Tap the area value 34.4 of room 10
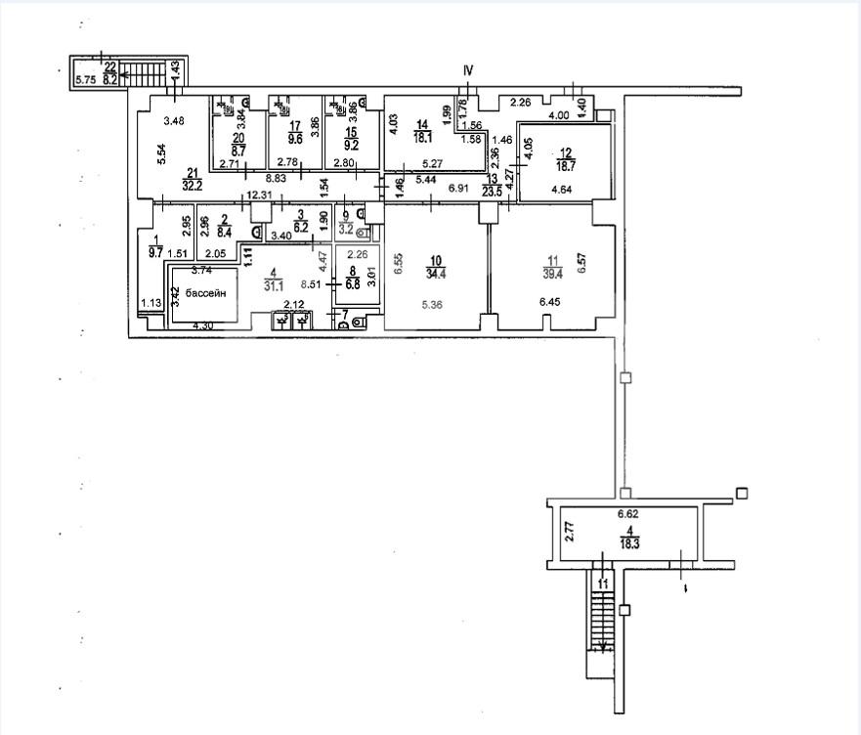click(436, 274)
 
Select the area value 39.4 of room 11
click(553, 274)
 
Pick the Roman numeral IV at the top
click(468, 70)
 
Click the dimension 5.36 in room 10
click(433, 304)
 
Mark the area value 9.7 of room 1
click(154, 252)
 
